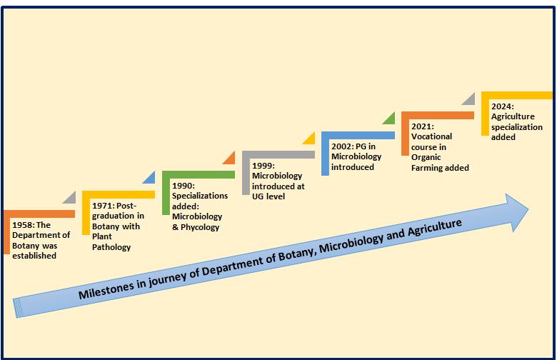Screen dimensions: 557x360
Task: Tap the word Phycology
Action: coord(200,227)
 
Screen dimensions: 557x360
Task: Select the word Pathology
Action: coord(111,247)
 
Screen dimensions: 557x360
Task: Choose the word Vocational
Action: coord(431,136)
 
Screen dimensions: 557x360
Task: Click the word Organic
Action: coord(426,157)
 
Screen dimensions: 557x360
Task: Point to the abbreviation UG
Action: coord(258,196)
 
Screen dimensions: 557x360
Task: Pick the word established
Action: coord(34,256)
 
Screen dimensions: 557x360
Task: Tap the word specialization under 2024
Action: coord(517,127)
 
